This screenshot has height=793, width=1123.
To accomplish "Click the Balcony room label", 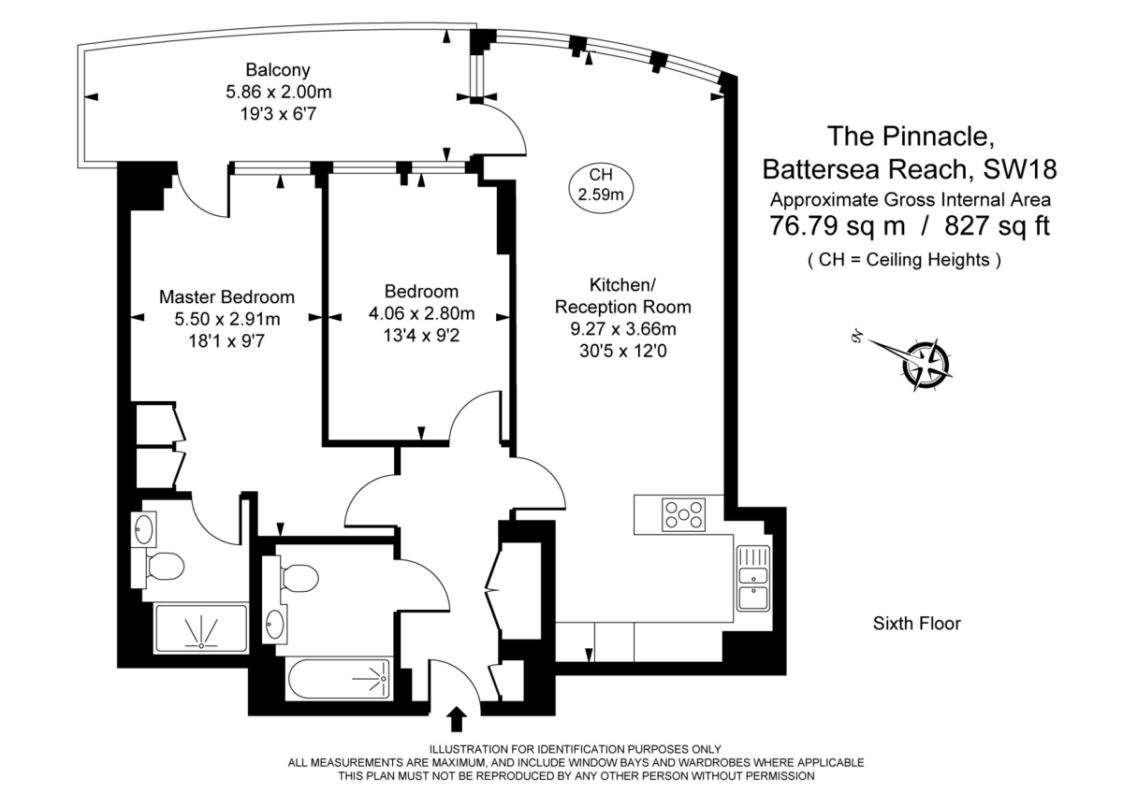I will (278, 70).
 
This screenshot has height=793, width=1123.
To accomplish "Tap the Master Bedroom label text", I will (226, 296).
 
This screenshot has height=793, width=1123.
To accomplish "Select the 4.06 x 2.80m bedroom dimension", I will (422, 313).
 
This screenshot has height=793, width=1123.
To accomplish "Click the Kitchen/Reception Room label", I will (622, 296).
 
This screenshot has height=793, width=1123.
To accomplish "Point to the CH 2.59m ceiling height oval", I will (600, 184).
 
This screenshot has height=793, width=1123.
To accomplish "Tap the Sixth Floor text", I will (916, 624).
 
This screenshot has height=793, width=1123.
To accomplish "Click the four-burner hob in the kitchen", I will (685, 514).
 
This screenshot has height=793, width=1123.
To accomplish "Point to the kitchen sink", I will (752, 577).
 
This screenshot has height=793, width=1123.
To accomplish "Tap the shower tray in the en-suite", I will (200, 627).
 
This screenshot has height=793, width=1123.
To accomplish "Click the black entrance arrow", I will (457, 718).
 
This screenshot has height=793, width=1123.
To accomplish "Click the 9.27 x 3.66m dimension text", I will (622, 329).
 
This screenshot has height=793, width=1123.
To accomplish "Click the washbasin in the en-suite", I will (143, 528).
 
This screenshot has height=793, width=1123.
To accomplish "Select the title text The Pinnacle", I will (910, 137).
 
